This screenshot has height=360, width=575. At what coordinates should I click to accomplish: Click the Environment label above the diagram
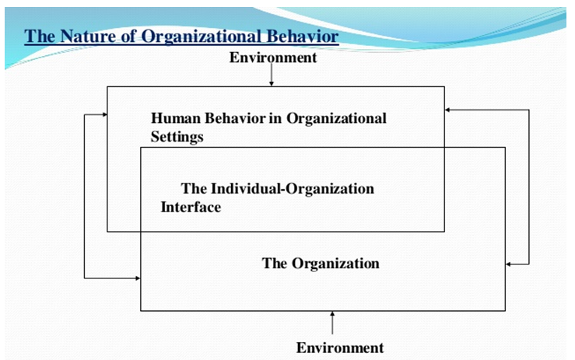(x=273, y=58)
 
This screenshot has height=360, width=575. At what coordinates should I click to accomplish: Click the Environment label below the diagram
(x=340, y=348)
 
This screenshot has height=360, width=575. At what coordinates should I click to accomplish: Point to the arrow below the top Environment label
(x=272, y=75)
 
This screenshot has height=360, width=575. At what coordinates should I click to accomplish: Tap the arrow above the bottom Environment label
(x=332, y=323)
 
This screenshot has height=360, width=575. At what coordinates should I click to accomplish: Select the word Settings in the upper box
(x=177, y=137)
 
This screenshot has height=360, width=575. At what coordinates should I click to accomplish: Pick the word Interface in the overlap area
(x=191, y=207)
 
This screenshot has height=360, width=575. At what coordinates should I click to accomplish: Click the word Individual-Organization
(x=293, y=189)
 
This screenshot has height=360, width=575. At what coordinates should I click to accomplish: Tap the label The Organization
(x=321, y=264)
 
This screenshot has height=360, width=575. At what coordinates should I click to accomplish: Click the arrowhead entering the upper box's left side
(x=104, y=115)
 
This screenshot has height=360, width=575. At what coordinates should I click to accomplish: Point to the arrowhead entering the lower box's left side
(x=138, y=278)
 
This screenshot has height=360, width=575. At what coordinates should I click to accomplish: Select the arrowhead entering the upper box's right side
(x=447, y=110)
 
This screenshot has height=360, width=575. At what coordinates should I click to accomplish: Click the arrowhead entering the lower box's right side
(x=508, y=264)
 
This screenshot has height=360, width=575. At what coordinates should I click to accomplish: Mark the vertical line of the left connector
(x=84, y=197)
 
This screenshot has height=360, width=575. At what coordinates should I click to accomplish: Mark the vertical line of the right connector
(x=529, y=187)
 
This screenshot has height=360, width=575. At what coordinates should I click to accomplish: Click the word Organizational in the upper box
(x=336, y=119)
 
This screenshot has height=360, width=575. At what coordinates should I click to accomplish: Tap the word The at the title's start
(x=40, y=37)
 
